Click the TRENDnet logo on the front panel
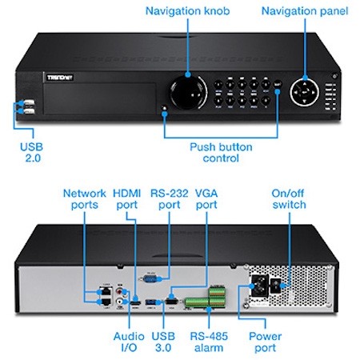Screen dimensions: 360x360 (x=60, y=78)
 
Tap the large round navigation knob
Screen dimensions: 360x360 (x=188, y=92)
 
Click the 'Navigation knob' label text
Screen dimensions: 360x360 (x=187, y=11)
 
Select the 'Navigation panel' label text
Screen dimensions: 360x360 (x=305, y=11)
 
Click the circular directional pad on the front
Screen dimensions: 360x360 (x=304, y=92)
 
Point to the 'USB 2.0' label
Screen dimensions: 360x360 (x=32, y=152)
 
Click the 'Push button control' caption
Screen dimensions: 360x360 (x=221, y=153)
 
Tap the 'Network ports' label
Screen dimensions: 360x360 (x=85, y=199)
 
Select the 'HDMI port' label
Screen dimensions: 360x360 (x=127, y=199)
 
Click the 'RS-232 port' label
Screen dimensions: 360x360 (x=170, y=199)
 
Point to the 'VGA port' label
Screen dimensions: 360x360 (x=206, y=199)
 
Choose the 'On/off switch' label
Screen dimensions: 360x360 (x=289, y=199)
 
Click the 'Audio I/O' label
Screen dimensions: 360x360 (x=129, y=342)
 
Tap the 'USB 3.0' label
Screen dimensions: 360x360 (x=163, y=342)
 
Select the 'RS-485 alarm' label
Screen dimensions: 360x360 (x=209, y=342)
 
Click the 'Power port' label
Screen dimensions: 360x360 (x=265, y=342)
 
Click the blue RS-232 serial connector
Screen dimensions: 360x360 (x=151, y=279)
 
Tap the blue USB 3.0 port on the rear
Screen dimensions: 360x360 (x=152, y=302)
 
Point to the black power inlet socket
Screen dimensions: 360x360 (x=259, y=286)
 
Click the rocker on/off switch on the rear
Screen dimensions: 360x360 (x=277, y=286)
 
